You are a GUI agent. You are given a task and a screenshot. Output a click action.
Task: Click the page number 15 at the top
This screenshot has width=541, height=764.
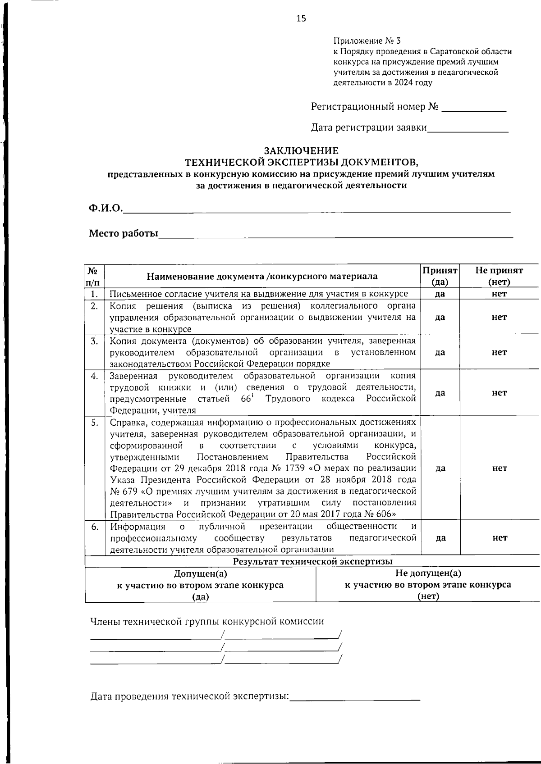(301, 18)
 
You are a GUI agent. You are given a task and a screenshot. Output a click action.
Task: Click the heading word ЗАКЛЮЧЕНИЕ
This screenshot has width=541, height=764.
(301, 151)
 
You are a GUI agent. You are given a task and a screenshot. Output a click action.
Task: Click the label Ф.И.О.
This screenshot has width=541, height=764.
(105, 208)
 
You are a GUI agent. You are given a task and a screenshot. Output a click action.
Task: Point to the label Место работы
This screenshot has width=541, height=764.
(123, 233)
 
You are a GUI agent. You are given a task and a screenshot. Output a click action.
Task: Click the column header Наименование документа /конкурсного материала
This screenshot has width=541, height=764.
(262, 276)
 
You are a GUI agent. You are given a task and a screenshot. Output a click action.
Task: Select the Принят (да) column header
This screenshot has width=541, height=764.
(440, 276)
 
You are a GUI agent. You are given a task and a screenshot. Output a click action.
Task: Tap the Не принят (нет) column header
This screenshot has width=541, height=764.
(499, 276)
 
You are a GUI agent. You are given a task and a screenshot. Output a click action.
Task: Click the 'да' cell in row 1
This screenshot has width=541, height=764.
(440, 294)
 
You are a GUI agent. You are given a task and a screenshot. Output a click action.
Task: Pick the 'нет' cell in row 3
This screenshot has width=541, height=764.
(499, 352)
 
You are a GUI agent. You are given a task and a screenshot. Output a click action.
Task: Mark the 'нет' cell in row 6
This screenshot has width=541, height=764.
(500, 537)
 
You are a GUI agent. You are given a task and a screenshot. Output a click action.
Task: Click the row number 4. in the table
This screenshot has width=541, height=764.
(94, 376)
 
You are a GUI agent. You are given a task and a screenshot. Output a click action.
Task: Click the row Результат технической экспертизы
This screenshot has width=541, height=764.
(312, 561)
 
